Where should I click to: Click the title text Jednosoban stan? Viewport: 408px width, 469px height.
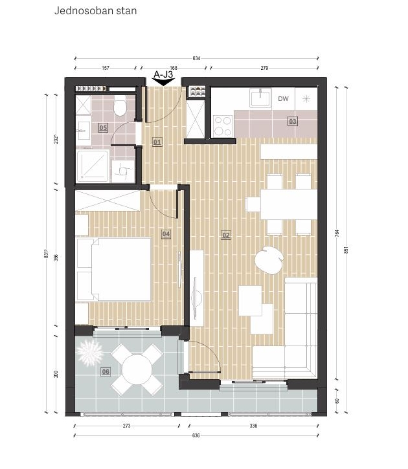pyautogui.click(x=95, y=11)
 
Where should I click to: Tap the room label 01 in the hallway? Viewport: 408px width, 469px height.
pyautogui.click(x=157, y=142)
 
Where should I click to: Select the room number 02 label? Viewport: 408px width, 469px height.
pyautogui.click(x=226, y=235)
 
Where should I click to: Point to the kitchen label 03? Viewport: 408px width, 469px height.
pyautogui.click(x=293, y=121)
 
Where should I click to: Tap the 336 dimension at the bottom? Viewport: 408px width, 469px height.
pyautogui.click(x=253, y=425)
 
